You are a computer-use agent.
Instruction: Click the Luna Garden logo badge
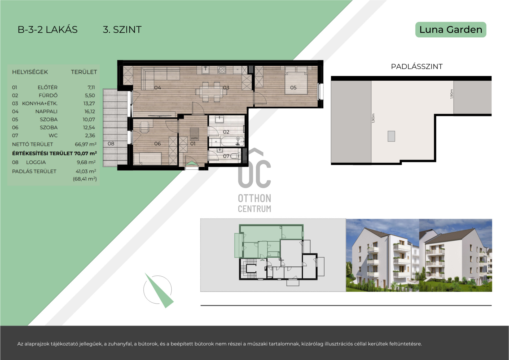451,30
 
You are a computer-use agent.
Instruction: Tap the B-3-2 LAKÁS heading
48,29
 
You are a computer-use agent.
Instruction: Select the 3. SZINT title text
122,29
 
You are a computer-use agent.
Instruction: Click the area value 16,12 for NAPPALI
90,111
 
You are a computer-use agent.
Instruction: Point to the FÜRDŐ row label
48,95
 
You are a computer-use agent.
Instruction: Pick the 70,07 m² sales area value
85,153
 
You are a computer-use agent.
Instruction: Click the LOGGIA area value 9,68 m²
86,162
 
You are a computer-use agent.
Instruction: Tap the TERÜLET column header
84,72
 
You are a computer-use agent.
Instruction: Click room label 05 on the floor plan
293,88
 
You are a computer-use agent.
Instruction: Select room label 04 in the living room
157,88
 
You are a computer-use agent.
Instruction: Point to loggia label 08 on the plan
111,144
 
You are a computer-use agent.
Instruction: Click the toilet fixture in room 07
234,156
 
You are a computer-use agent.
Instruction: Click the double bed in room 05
296,80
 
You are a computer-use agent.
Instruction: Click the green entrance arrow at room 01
191,164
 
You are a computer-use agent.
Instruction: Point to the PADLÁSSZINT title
417,67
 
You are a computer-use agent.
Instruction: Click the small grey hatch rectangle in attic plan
391,136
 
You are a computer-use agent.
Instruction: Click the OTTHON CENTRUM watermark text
254,203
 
